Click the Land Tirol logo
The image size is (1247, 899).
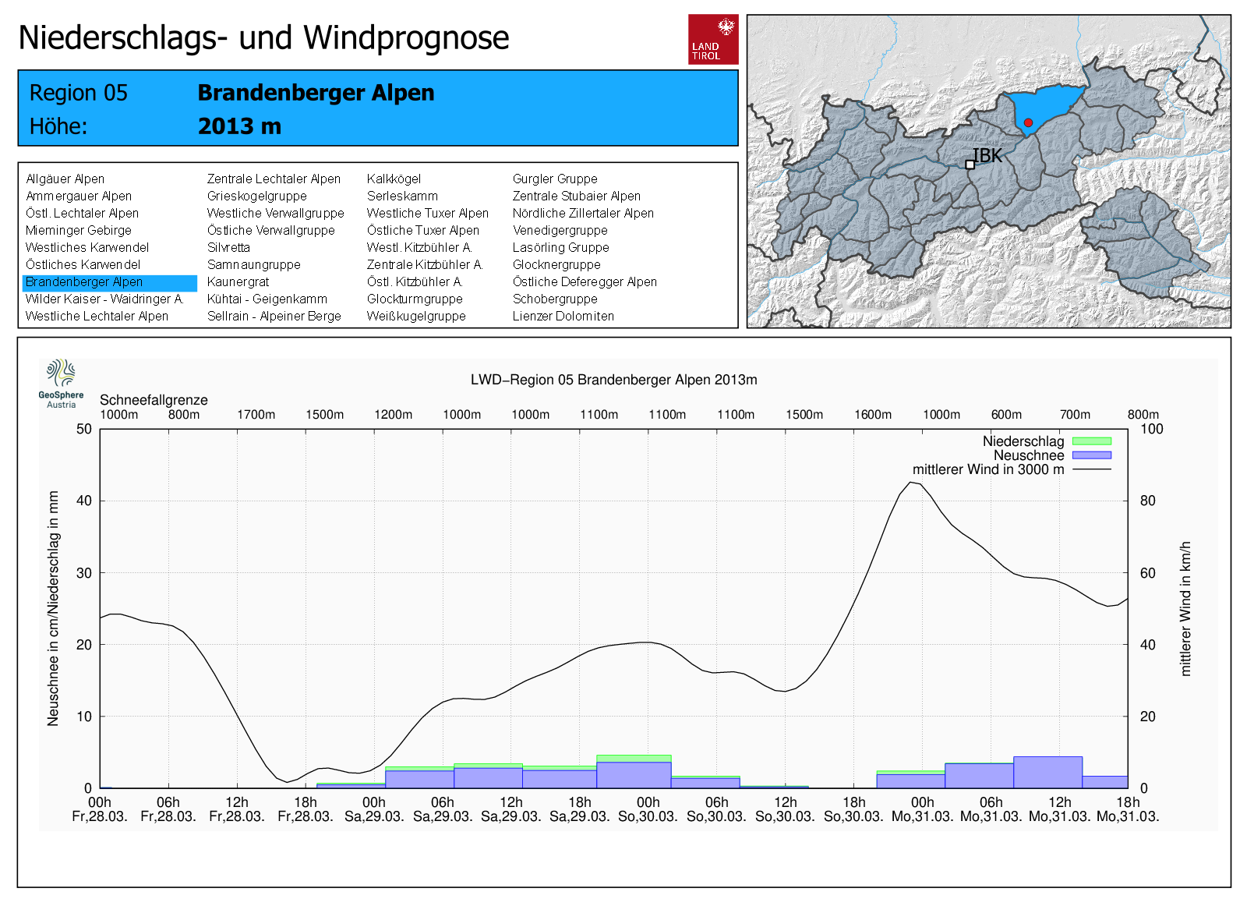click(713, 39)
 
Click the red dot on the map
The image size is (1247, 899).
click(1028, 122)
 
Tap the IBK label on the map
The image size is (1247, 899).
click(987, 156)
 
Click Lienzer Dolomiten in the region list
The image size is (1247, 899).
click(563, 317)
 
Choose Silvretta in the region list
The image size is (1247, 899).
click(228, 248)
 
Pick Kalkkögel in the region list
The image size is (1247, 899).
click(394, 179)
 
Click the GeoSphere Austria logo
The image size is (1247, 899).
click(61, 383)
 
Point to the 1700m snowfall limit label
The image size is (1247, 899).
click(256, 415)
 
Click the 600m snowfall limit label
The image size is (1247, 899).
click(1006, 415)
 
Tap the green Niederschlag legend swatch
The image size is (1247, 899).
click(1091, 441)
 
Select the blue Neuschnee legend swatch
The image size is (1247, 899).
click(1091, 455)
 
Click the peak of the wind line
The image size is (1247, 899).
click(910, 483)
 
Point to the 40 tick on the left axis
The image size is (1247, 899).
click(83, 501)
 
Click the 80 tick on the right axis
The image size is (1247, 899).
click(1147, 501)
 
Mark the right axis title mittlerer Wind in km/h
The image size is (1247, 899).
click(1185, 608)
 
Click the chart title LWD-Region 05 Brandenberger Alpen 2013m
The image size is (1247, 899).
click(613, 380)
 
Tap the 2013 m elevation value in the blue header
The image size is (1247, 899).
click(239, 126)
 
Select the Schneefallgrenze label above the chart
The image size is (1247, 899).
click(154, 400)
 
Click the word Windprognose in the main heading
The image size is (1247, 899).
click(406, 37)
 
